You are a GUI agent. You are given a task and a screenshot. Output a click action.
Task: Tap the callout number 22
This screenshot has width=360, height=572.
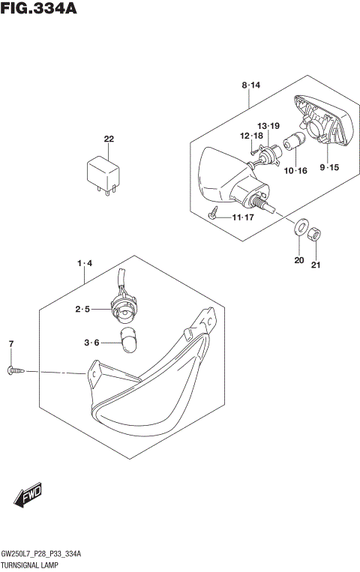click(109, 139)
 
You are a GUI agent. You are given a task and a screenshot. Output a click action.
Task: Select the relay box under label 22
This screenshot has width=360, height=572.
click(104, 172)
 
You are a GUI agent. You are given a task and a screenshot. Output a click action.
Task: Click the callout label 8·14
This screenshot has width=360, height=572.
click(250, 86)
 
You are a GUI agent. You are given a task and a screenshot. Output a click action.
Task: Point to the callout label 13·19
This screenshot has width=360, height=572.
click(268, 126)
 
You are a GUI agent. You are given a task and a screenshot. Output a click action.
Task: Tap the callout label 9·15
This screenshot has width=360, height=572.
click(330, 166)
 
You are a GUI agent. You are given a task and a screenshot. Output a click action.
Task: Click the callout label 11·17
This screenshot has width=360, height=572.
click(244, 217)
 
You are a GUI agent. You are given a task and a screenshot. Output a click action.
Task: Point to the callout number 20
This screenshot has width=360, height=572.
click(299, 260)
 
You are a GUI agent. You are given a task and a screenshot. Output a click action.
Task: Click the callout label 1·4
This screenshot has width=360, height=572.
click(83, 263)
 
